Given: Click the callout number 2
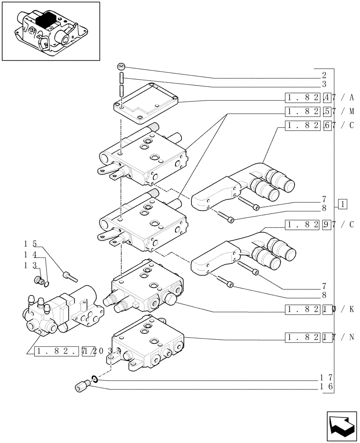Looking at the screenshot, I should tap(324, 75).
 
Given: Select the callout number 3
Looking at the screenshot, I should tap(324, 84).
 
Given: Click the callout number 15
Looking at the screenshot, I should tap(30, 244).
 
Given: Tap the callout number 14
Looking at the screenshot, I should tap(30, 255).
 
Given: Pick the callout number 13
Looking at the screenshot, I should tap(30, 265).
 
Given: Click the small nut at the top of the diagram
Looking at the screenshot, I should tap(121, 66).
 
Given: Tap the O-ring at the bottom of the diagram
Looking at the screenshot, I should tap(94, 379).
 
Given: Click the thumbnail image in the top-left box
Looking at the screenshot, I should tap(51, 31).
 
